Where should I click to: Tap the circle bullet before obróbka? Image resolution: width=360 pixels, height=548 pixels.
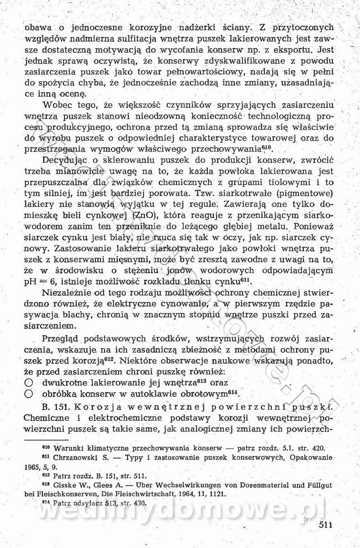tap(28, 393)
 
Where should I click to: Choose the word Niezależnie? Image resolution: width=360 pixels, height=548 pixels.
tap(67, 292)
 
